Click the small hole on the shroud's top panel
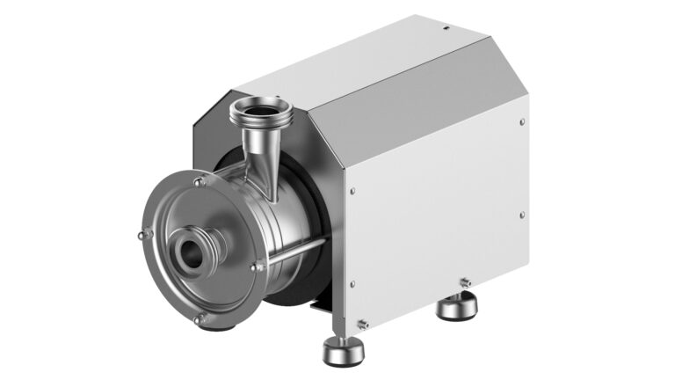pos(445,28)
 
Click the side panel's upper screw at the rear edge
pos(522,122)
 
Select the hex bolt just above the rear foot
pos(465,282)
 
